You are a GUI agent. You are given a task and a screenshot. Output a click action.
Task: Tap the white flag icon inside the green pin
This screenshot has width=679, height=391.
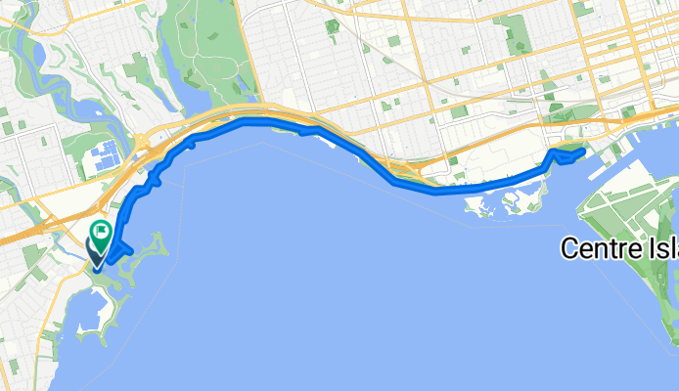[101, 231]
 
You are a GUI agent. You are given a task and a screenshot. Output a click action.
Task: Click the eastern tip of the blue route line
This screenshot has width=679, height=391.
[583, 151]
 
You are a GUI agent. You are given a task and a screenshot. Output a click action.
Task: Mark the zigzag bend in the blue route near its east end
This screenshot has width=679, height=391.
[555, 153]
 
